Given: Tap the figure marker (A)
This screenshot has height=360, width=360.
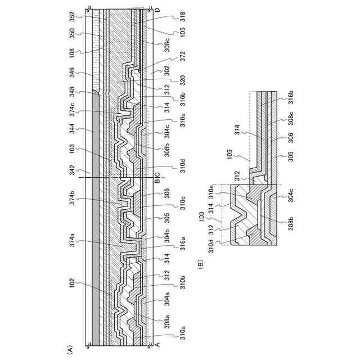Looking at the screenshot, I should tap(70, 349).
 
